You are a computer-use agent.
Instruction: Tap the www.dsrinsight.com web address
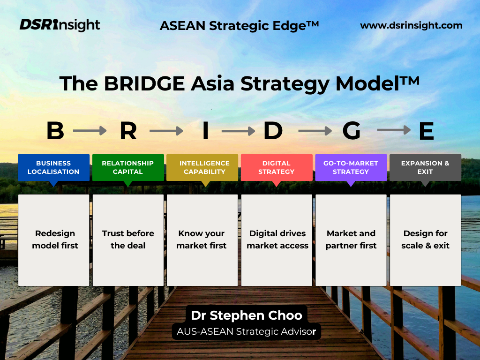point(411,25)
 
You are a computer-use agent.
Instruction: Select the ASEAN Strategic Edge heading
point(239,25)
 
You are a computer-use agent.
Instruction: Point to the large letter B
point(55,131)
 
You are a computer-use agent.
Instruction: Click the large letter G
point(352,131)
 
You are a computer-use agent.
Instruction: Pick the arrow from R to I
point(166,131)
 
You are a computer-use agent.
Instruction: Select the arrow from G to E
point(394,131)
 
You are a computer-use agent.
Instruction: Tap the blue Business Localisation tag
point(53,167)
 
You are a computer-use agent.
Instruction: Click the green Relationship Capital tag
point(128,167)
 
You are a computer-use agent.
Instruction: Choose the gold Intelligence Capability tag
point(204,167)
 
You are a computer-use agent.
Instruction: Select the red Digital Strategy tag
point(277,167)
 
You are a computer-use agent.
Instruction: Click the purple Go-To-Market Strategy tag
point(351,167)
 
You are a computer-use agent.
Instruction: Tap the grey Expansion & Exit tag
point(425,167)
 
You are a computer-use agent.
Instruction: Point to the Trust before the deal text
point(128,240)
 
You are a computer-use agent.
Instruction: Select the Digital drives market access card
point(277,240)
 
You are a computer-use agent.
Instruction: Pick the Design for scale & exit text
point(425,240)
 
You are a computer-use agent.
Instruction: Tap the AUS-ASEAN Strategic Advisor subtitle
point(247,331)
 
